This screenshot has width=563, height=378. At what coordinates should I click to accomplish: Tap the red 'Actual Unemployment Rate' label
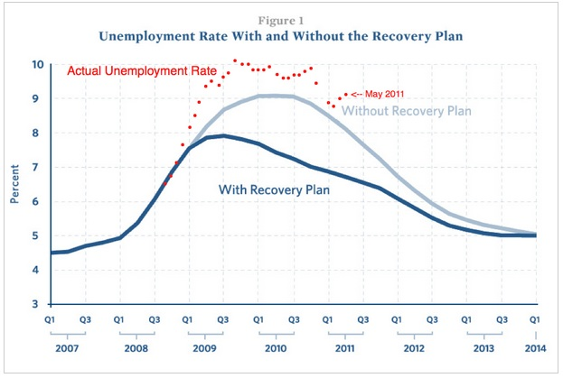point(141,71)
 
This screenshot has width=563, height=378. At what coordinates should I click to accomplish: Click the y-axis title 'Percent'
point(14,184)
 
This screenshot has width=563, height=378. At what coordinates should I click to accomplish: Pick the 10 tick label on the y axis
point(36,65)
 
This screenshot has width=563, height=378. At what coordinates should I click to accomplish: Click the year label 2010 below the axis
point(275,349)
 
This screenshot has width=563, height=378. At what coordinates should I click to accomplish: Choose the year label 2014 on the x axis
point(535,349)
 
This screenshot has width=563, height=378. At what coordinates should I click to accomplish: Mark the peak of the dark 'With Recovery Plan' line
point(223,135)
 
